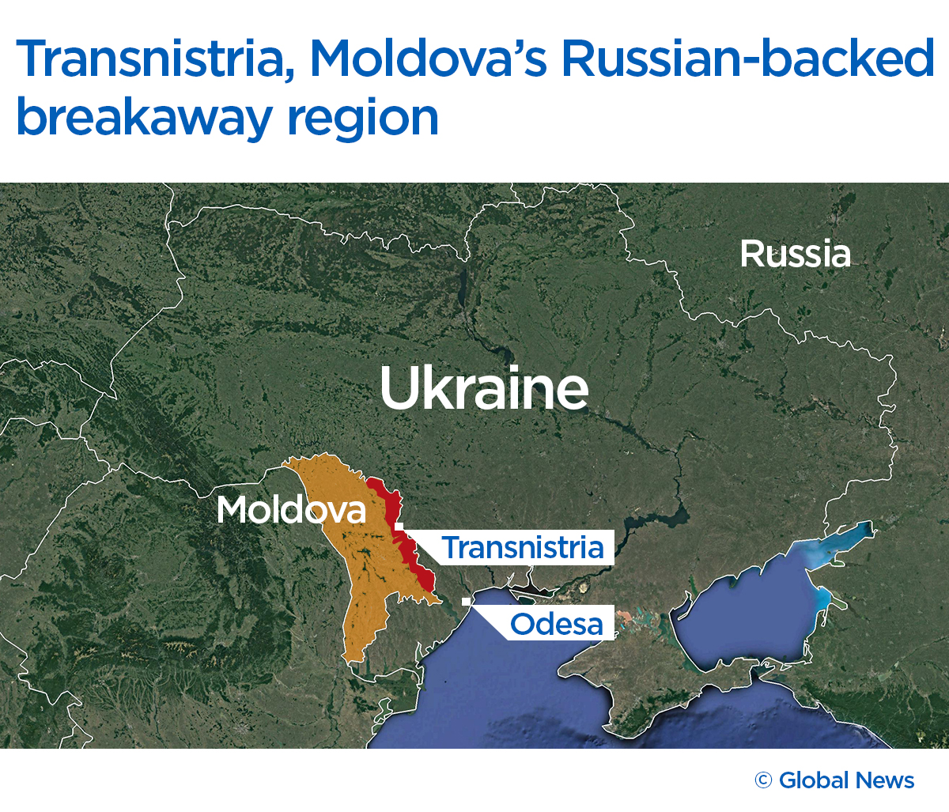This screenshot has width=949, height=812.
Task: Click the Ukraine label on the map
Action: coord(484,387)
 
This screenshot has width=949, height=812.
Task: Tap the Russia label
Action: coord(795,254)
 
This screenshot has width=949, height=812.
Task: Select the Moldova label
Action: coord(291,510)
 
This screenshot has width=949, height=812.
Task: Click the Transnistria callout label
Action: coord(522,547)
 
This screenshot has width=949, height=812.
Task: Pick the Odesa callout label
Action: coord(556,625)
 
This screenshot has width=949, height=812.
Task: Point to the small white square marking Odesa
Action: coord(467,602)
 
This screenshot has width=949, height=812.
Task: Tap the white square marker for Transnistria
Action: coord(399,526)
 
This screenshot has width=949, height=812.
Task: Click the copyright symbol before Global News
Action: coord(763,781)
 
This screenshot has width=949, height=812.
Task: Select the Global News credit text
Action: coord(846,781)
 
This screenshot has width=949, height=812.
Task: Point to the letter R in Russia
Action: coord(750,254)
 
